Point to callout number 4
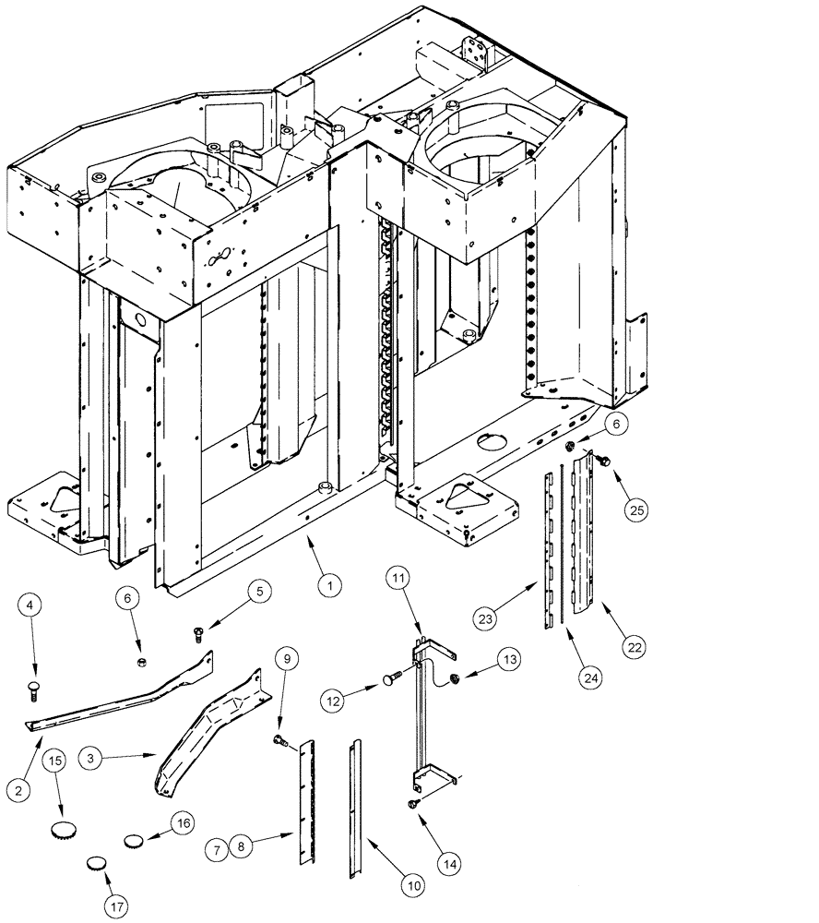pos(31,605)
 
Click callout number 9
pos(286,659)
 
